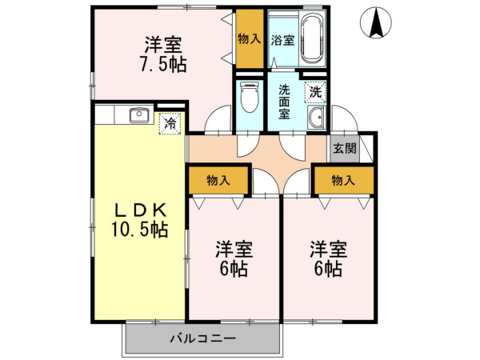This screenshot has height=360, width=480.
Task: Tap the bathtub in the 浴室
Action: pos(310,40)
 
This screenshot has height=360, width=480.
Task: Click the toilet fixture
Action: pos(248,99)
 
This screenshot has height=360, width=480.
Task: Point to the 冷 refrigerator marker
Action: pos(170,124)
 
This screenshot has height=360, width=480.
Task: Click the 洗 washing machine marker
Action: pos(316,92)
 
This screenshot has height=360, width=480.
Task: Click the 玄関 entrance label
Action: pos(345,148)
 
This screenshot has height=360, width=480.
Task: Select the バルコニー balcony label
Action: pos(202,338)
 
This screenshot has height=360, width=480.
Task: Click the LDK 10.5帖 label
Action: pos(138,220)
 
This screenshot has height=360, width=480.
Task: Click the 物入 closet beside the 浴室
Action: pos(250,38)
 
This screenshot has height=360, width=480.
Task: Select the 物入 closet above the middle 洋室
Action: pos(218,180)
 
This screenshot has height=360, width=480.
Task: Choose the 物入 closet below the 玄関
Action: pos(343,180)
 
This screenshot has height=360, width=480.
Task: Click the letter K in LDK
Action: pos(158,210)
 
